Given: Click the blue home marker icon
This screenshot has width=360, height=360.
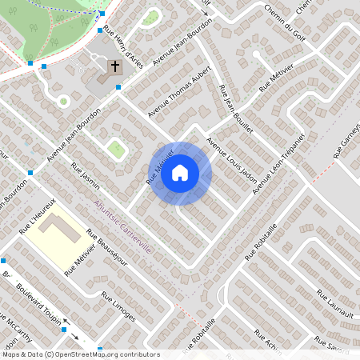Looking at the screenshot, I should [180, 173].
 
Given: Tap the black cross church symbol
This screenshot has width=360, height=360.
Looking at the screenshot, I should [114, 66].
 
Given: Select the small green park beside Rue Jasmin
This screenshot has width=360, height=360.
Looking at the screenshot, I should [118, 148].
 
